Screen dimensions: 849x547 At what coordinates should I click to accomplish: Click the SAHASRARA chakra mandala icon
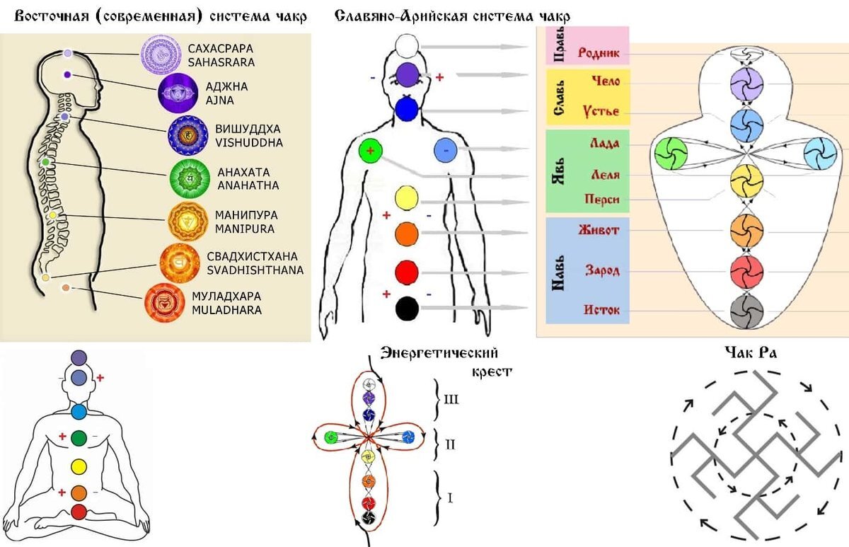(161, 54)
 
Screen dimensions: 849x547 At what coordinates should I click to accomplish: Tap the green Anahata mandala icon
(190, 179)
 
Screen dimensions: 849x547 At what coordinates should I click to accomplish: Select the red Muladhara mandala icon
(165, 303)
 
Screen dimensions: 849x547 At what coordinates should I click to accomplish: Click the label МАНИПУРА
(246, 215)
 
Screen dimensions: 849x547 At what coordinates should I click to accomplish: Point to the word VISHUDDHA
(249, 143)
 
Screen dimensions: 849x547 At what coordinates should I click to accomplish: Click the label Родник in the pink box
(599, 52)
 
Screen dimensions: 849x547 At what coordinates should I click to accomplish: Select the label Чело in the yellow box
(606, 81)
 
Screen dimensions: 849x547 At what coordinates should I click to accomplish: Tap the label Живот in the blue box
(599, 230)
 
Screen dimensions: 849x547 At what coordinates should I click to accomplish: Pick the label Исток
(601, 310)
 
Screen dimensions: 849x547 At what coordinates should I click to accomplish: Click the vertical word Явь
(559, 171)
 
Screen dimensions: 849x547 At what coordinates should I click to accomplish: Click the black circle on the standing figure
(407, 309)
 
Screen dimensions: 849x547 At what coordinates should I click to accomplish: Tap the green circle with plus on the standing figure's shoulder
(371, 151)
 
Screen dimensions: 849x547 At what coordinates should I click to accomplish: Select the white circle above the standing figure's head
(407, 46)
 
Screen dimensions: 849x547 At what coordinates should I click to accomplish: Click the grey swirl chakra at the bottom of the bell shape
(746, 311)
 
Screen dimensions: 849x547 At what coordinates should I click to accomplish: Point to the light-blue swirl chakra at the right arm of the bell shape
(820, 154)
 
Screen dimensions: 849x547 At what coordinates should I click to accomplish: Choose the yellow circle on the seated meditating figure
(79, 466)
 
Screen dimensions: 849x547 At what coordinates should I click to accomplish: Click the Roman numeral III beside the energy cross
(451, 400)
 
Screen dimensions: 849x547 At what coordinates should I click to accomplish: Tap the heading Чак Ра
(751, 353)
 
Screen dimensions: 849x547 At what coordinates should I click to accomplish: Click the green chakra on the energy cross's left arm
(331, 437)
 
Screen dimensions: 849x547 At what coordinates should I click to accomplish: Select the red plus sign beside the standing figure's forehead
(439, 78)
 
